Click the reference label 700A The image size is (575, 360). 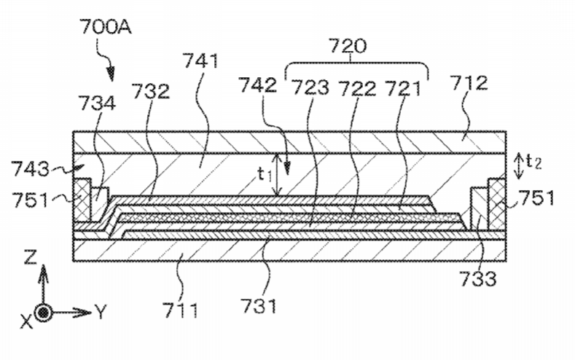(106, 27)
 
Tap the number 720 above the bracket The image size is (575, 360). (348, 46)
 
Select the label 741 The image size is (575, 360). (200, 60)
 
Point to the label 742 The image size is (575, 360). (258, 85)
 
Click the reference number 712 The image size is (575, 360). (469, 83)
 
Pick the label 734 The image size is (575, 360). (97, 103)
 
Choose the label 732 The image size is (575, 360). (151, 91)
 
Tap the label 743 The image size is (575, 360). (30, 169)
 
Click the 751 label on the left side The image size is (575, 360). (30, 200)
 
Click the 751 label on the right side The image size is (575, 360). (536, 198)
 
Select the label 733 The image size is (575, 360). (478, 278)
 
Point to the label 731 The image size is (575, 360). (259, 305)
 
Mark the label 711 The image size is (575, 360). (181, 310)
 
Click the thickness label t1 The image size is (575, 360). (265, 174)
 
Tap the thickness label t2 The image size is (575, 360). (533, 161)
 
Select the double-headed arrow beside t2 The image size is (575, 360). (519, 166)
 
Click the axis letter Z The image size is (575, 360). (30, 258)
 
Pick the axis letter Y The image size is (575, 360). (101, 312)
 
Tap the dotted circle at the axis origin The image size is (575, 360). (44, 313)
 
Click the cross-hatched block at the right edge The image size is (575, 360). (497, 203)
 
